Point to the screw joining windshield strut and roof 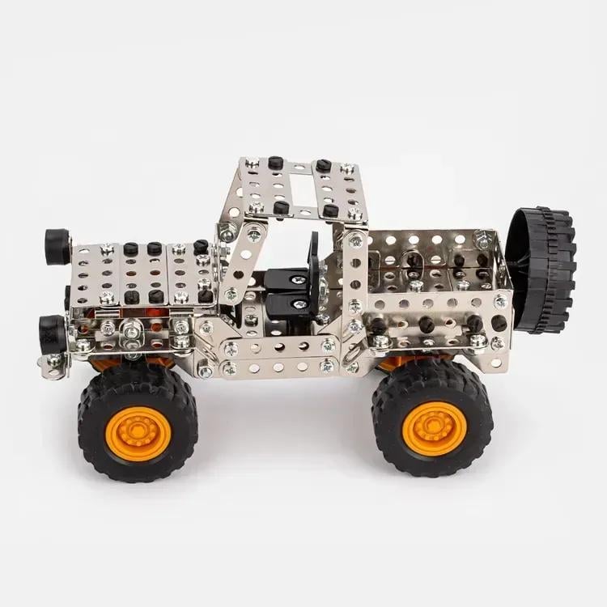tap(254, 236)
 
